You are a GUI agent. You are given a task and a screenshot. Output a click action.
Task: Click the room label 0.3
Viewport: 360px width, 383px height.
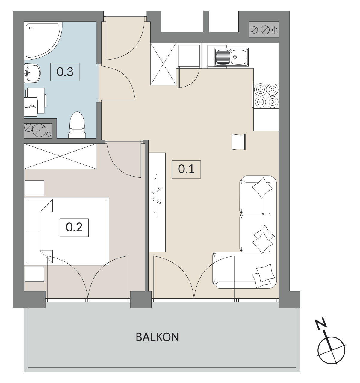[x=65, y=72]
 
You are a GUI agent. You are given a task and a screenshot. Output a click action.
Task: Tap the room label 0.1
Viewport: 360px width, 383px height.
[x=186, y=169]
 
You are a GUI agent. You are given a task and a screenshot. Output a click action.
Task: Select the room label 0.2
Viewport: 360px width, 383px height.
[x=74, y=227]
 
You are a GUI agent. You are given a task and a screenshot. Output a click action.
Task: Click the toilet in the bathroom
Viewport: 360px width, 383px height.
[x=77, y=125]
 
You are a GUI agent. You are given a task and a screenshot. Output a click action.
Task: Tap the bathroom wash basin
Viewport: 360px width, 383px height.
[x=32, y=73]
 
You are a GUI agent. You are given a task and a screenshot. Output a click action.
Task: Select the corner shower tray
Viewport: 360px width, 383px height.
[x=43, y=40]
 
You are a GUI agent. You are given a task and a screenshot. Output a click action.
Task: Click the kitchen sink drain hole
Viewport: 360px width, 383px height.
[x=235, y=57]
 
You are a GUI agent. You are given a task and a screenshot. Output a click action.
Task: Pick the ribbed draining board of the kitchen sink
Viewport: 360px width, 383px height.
[x=223, y=57]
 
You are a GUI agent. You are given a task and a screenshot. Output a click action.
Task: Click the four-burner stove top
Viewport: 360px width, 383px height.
[x=266, y=95]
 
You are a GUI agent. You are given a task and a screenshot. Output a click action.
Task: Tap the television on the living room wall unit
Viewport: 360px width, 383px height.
[x=157, y=196]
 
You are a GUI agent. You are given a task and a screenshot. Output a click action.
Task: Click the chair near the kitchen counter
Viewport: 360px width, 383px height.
[x=239, y=142]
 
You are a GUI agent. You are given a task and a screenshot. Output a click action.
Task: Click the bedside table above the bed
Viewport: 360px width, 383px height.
[x=34, y=188]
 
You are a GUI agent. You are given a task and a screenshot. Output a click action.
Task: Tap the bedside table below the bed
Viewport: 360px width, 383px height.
[x=34, y=274]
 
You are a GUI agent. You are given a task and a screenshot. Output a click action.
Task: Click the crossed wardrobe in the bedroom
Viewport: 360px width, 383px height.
[x=60, y=156]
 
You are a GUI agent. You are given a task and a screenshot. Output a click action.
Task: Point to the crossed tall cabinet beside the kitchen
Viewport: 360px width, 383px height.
[x=163, y=64]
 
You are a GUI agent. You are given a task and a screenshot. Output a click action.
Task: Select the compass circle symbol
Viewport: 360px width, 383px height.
[x=332, y=350]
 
